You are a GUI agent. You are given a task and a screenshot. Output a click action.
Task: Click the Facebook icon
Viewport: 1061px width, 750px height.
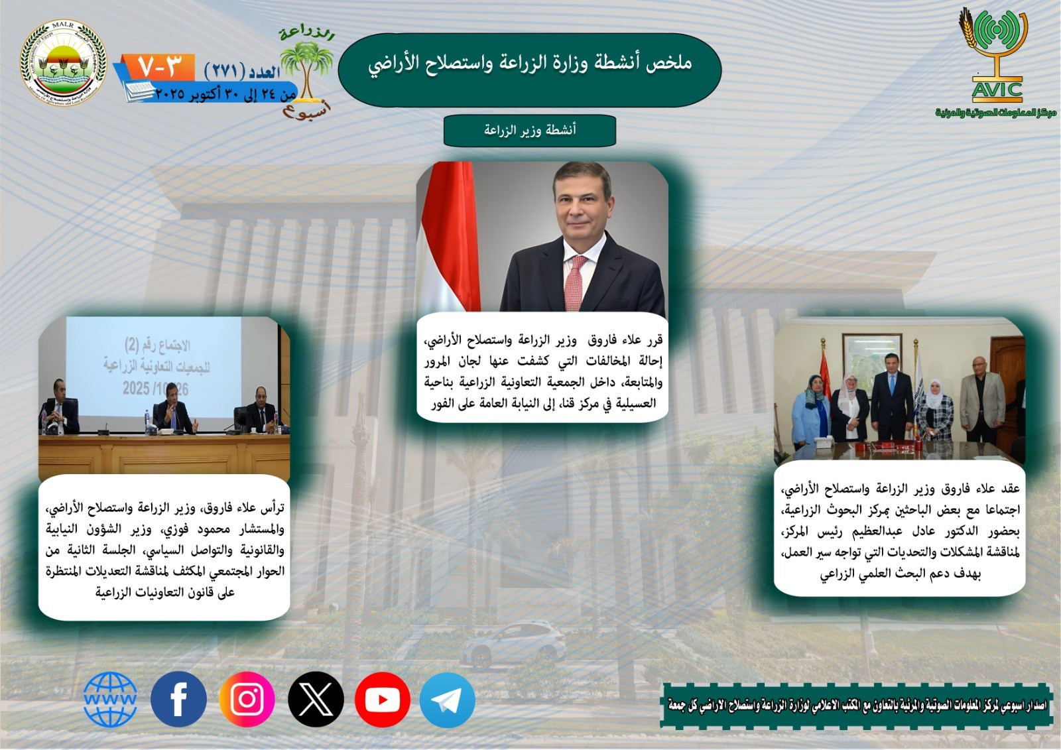[178, 699]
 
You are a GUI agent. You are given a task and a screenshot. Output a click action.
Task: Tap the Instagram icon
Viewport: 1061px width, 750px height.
[247, 699]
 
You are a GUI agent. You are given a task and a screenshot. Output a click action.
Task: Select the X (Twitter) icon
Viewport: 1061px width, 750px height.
[316, 699]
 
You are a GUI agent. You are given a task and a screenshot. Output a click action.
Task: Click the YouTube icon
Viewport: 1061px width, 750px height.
[382, 699]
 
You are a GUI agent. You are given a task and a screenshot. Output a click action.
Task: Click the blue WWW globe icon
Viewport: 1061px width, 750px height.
[110, 699]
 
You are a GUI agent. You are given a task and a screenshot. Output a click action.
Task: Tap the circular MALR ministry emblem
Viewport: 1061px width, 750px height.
[63, 64]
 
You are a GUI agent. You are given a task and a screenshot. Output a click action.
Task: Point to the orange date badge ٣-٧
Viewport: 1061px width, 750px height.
[160, 66]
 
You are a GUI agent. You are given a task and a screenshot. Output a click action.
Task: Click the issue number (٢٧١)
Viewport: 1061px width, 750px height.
[225, 71]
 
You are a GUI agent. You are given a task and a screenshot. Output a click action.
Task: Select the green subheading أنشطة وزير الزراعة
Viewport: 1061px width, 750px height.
[529, 130]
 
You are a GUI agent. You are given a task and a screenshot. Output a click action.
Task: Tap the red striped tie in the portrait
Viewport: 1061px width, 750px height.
[574, 282]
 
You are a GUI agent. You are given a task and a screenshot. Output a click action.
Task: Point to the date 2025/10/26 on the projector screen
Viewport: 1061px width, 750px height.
[155, 389]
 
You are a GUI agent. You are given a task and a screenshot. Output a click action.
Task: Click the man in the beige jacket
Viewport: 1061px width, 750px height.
[982, 398]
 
